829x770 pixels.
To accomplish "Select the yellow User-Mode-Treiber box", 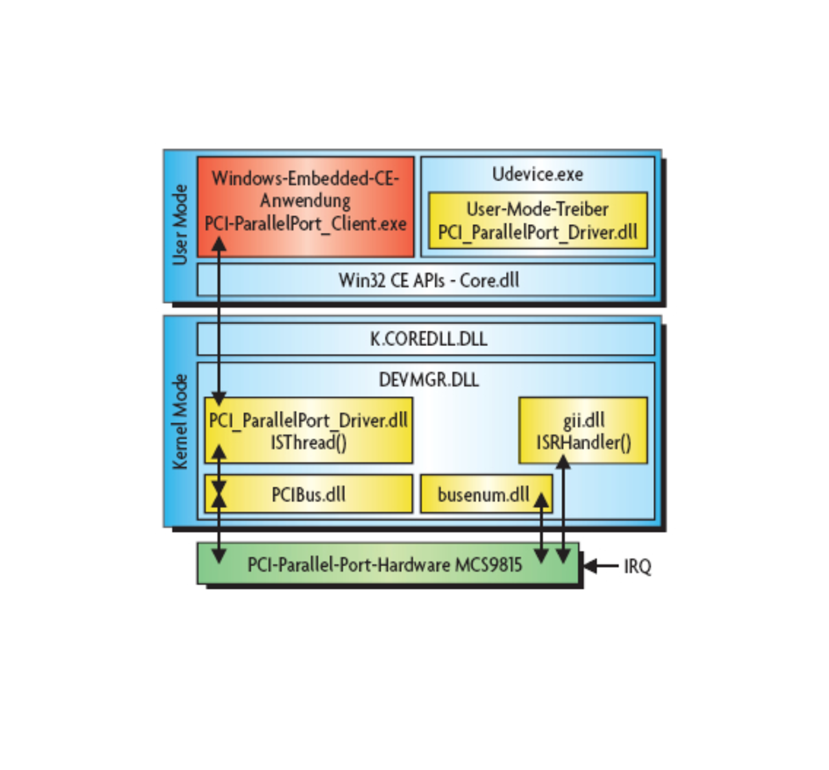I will click(538, 220).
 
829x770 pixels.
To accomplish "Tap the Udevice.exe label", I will click(538, 174).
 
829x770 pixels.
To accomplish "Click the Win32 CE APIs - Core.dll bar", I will click(427, 280).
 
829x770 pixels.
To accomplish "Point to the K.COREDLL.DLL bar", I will click(427, 338).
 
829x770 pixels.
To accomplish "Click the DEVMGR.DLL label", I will click(429, 380).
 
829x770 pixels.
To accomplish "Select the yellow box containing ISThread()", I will click(308, 430).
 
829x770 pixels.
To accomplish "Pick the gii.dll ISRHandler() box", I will click(583, 430).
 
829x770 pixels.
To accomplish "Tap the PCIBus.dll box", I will click(308, 494).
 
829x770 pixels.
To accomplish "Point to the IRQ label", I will click(637, 567).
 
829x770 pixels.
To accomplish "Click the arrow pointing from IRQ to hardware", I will click(601, 566).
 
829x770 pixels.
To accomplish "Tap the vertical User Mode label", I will click(180, 225).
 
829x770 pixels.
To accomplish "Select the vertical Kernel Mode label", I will click(180, 421).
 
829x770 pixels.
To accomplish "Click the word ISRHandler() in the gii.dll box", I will click(584, 443).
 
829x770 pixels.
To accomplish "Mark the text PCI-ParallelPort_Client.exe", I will click(306, 224).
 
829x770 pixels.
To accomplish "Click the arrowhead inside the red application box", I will click(220, 244).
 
